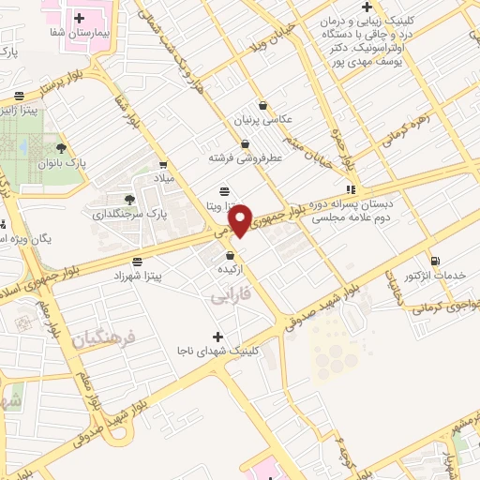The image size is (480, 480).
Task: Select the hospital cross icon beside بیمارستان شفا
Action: pyautogui.click(x=80, y=18)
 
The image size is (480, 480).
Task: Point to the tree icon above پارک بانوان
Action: pyautogui.click(x=63, y=148)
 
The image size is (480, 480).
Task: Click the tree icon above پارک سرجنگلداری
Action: pyautogui.click(x=129, y=199)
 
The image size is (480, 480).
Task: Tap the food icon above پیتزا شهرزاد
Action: pyautogui.click(x=138, y=262)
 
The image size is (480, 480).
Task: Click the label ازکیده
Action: pyautogui.click(x=231, y=269)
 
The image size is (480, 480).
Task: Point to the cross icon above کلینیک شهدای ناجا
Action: pyautogui.click(x=218, y=336)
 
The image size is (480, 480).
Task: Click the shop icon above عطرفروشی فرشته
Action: pyautogui.click(x=246, y=144)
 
